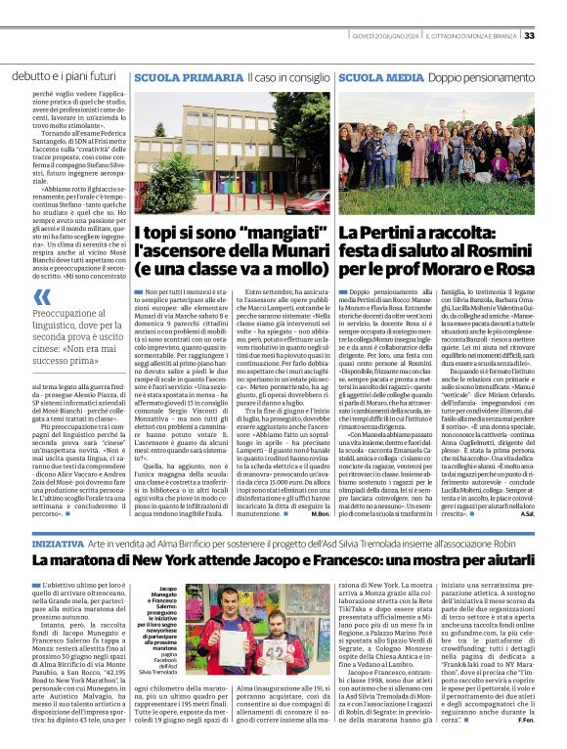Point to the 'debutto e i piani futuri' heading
pos(65,75)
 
